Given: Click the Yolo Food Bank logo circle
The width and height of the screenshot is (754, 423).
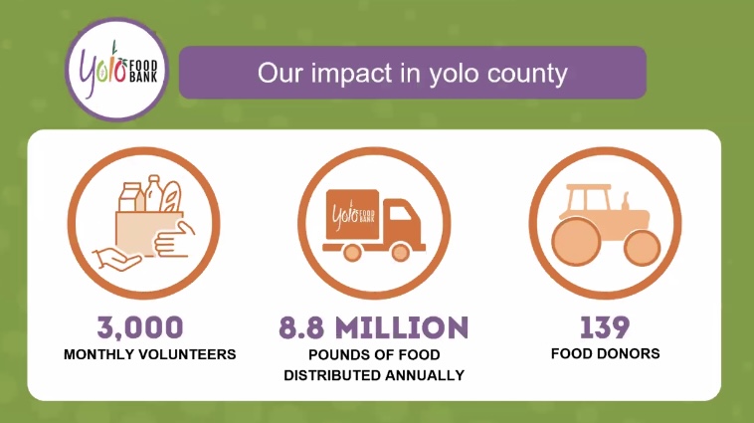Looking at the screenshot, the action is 116,70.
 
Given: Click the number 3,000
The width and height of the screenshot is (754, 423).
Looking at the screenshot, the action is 140,327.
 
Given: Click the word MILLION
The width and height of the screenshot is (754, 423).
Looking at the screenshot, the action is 402,327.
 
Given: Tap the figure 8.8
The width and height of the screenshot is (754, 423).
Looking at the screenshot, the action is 301,327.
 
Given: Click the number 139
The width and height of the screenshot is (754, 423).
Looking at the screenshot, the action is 605,327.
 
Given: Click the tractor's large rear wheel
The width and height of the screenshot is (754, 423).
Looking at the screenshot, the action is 576,241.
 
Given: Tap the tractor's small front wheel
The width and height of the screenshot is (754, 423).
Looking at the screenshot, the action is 642,248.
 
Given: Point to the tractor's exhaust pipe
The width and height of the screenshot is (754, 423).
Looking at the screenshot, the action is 626,202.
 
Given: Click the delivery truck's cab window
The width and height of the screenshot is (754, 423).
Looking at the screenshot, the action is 400,213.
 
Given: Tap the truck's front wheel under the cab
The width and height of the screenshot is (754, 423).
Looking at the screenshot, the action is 400,252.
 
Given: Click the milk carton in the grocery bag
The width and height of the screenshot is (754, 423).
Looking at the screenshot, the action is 130,197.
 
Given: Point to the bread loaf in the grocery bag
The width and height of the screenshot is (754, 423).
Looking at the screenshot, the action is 170,196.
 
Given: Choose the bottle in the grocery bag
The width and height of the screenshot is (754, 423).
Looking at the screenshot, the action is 153,193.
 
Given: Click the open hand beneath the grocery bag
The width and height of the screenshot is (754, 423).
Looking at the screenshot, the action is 116,260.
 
